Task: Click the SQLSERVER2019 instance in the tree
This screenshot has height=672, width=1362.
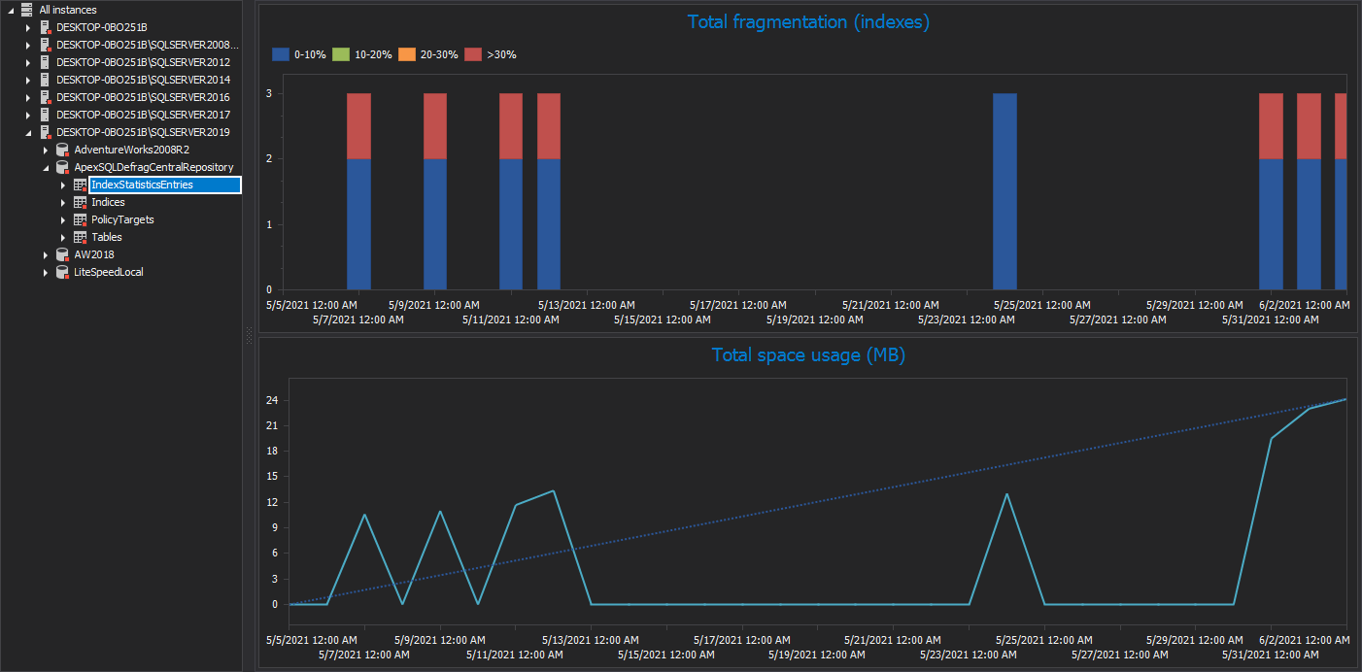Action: pyautogui.click(x=142, y=132)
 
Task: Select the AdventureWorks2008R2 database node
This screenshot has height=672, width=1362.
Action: pyautogui.click(x=131, y=150)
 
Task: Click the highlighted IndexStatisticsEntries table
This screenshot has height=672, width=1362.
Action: pyautogui.click(x=142, y=185)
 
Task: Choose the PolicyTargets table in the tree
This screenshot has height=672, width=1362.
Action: pyautogui.click(x=122, y=219)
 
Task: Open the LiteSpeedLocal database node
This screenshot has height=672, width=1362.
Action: pyautogui.click(x=108, y=272)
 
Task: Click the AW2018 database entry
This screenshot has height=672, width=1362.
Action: pyautogui.click(x=93, y=254)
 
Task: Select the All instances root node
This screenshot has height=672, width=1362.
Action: pyautogui.click(x=67, y=10)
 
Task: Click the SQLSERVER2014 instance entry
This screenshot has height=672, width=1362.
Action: pyautogui.click(x=142, y=80)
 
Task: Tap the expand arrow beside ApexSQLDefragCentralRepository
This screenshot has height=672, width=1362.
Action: pyautogui.click(x=46, y=167)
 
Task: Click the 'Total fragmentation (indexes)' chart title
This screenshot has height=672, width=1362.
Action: pyautogui.click(x=808, y=22)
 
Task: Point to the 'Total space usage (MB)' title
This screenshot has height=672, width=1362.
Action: pyautogui.click(x=808, y=355)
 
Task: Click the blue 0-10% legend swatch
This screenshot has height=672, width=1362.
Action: pyautogui.click(x=281, y=54)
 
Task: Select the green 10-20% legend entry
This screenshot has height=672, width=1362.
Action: pyautogui.click(x=363, y=54)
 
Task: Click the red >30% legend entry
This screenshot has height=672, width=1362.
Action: pyautogui.click(x=492, y=54)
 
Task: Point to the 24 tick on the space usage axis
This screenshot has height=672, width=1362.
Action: pyautogui.click(x=273, y=399)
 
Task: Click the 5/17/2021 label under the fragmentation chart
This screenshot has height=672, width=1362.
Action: pyautogui.click(x=738, y=305)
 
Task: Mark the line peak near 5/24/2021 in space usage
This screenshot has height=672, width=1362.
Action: pyautogui.click(x=1006, y=494)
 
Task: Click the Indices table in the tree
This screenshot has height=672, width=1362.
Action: pyautogui.click(x=108, y=202)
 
